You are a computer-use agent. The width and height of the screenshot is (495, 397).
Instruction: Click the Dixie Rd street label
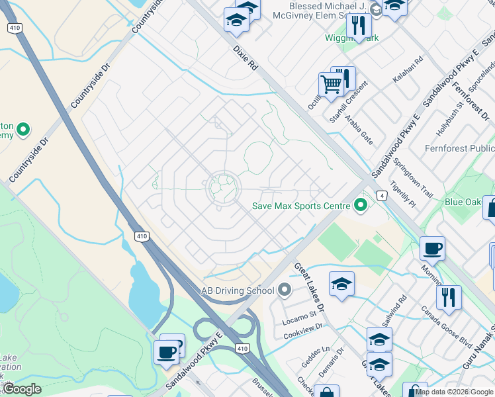pos(245,58)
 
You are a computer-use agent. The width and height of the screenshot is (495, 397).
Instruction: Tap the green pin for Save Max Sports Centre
pos(361,206)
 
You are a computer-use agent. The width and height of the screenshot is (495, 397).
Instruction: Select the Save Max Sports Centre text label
pos(300,206)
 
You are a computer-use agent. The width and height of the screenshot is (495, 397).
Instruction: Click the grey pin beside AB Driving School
pos(285,290)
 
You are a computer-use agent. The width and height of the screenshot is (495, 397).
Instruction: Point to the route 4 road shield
pos(382,196)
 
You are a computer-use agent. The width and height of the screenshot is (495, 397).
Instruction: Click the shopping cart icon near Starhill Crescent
pos(330,84)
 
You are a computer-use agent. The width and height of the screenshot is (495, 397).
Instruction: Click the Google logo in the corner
pos(22,389)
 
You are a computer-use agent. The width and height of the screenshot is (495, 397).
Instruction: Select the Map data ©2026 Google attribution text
pos(454,392)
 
